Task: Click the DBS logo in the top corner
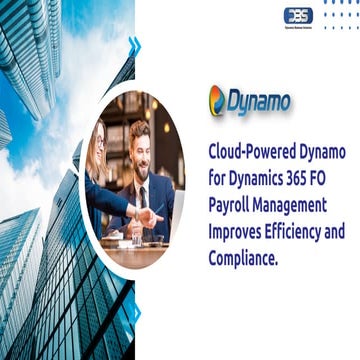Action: (297, 16)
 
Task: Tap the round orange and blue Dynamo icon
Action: (217, 101)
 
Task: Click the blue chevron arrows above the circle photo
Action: (133, 45)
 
